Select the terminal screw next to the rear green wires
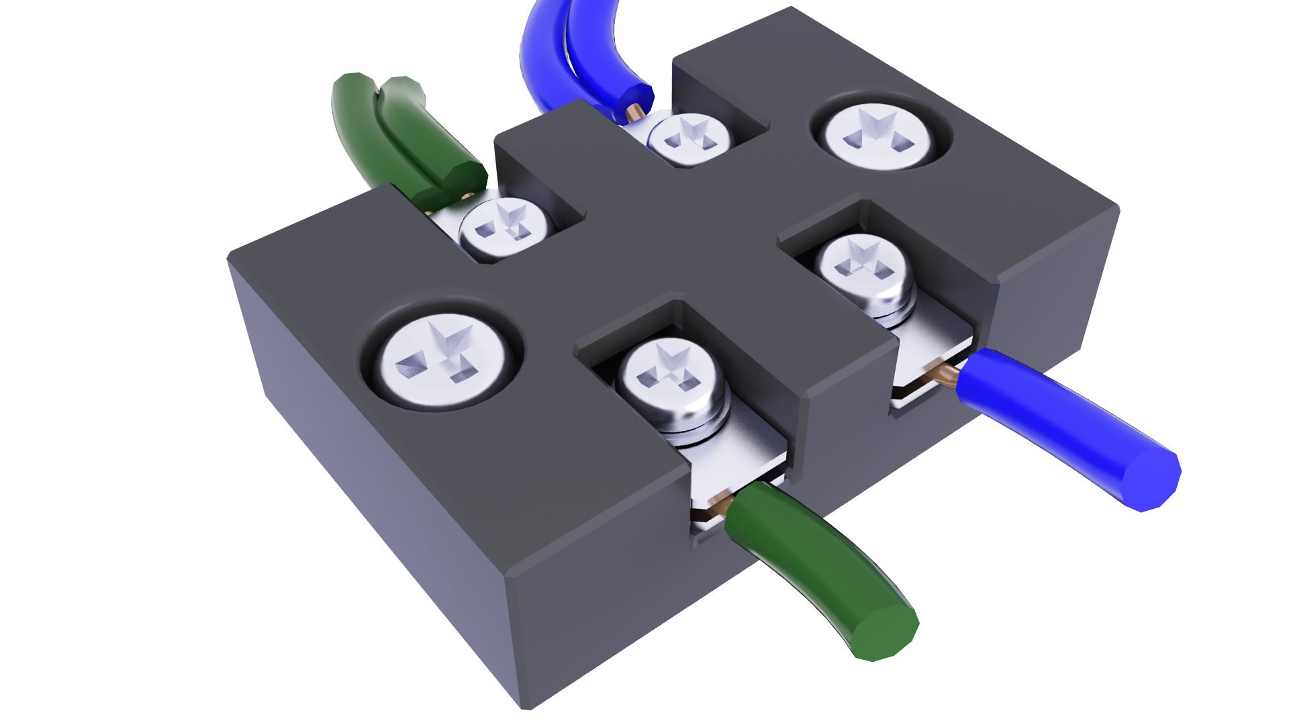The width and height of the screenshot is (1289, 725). click(x=505, y=228)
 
